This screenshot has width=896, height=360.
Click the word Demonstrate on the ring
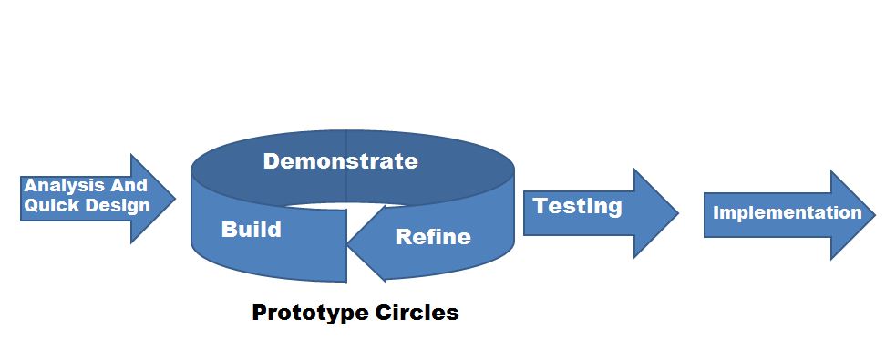(340, 162)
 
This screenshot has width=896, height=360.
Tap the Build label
(251, 229)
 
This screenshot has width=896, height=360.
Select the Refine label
(433, 238)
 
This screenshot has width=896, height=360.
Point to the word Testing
(577, 206)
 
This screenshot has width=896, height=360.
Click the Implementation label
(787, 213)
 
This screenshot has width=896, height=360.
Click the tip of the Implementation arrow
(873, 215)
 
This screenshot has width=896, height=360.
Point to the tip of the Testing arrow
(677, 213)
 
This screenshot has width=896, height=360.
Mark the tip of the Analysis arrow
(174, 199)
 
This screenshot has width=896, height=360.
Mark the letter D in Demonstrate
(271, 162)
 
